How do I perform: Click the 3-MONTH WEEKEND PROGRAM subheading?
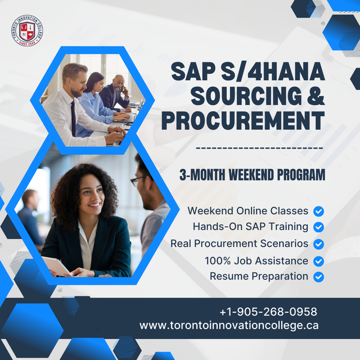tap(252, 175)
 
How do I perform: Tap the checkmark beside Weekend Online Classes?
tap(318, 211)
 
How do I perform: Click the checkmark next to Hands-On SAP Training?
tap(318, 227)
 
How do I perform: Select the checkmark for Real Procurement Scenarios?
tap(318, 244)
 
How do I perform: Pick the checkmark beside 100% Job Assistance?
tap(318, 261)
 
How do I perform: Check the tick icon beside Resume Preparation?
tap(318, 277)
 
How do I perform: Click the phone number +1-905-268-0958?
tap(268, 312)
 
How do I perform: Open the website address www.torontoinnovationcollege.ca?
tap(229, 325)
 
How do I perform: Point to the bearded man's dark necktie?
tap(73, 118)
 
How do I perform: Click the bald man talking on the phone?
tap(118, 90)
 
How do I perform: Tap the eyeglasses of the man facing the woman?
tap(138, 181)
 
